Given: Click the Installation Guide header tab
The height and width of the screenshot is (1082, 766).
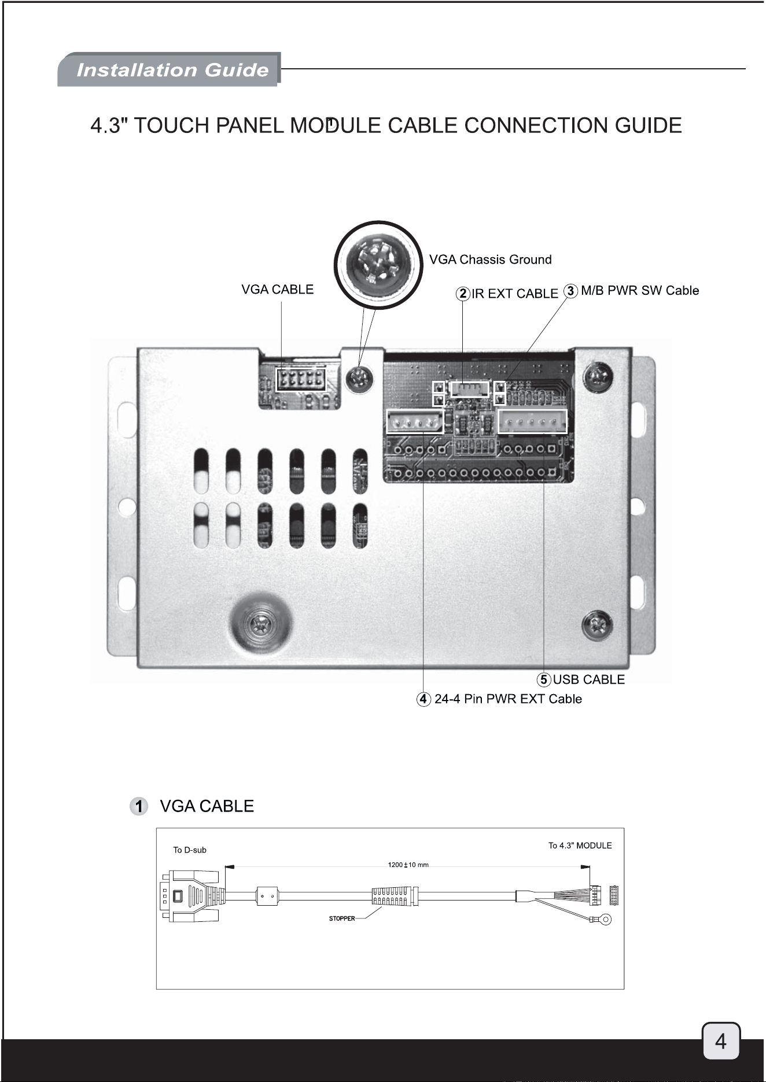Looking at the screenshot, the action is click(169, 69).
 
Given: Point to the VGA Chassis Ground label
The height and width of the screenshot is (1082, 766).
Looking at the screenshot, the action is click(490, 260).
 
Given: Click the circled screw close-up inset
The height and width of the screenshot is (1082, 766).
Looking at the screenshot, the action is click(378, 265).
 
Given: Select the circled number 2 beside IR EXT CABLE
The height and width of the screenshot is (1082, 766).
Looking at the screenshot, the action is click(463, 293).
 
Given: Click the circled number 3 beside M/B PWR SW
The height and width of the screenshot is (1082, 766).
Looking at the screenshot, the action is click(571, 291).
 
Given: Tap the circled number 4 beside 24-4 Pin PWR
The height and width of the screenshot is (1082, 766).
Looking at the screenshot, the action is click(424, 699).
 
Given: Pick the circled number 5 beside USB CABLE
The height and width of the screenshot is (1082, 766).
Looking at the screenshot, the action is click(544, 680).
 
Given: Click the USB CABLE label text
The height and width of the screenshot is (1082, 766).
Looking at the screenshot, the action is click(589, 680).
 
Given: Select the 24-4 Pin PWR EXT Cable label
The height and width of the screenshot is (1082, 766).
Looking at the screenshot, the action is click(508, 699).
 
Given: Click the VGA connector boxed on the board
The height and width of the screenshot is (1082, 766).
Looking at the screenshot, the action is click(300, 379).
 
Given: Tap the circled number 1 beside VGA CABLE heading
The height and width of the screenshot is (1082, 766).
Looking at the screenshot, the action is click(139, 806).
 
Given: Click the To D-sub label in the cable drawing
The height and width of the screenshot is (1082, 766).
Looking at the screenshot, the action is click(190, 850).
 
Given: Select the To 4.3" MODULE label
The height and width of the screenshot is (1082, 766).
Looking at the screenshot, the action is click(580, 846).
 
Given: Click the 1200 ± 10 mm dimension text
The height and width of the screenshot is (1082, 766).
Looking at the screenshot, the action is click(408, 865).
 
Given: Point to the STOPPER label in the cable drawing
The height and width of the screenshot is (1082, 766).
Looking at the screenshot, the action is click(342, 918).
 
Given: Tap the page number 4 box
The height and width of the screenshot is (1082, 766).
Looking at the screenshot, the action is click(721, 1041).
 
